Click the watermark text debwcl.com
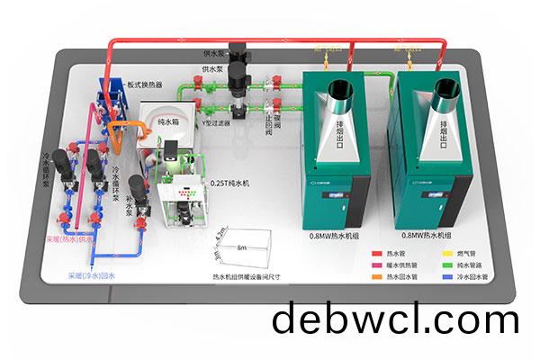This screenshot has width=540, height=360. pyautogui.click(x=395, y=320)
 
